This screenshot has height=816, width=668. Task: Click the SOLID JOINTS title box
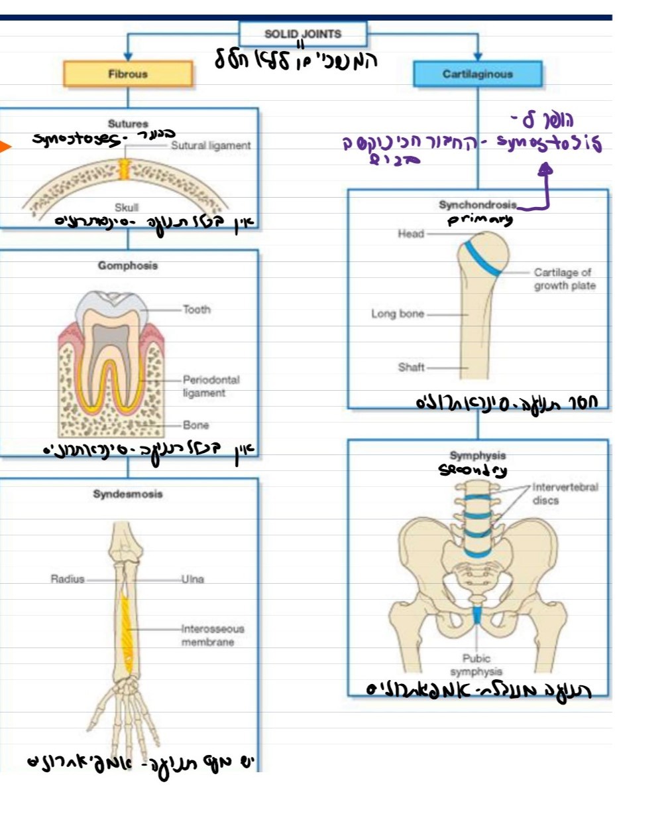coord(302,34)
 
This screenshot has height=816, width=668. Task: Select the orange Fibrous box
coord(128,74)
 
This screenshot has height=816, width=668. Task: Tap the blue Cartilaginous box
coord(477,74)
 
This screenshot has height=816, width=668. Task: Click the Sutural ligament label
coord(211,145)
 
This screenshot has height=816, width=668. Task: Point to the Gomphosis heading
coord(128,265)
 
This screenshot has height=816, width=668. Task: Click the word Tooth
coord(196,309)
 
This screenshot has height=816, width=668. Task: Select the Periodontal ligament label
coord(211,386)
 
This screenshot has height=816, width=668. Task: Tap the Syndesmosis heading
coord(128,494)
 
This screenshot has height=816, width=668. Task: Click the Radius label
coord(68,579)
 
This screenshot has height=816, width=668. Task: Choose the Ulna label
coord(193,579)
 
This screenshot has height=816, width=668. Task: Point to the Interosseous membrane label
coord(212,635)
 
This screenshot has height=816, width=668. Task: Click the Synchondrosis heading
coord(477,205)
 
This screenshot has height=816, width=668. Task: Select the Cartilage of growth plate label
coord(564,279)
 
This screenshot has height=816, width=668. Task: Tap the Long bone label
coord(397,314)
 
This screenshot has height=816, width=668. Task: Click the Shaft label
coord(411,367)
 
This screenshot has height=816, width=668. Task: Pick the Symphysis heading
coord(477,456)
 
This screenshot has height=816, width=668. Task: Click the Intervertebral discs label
coord(565,494)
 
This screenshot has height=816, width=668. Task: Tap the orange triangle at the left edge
coord(5,147)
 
